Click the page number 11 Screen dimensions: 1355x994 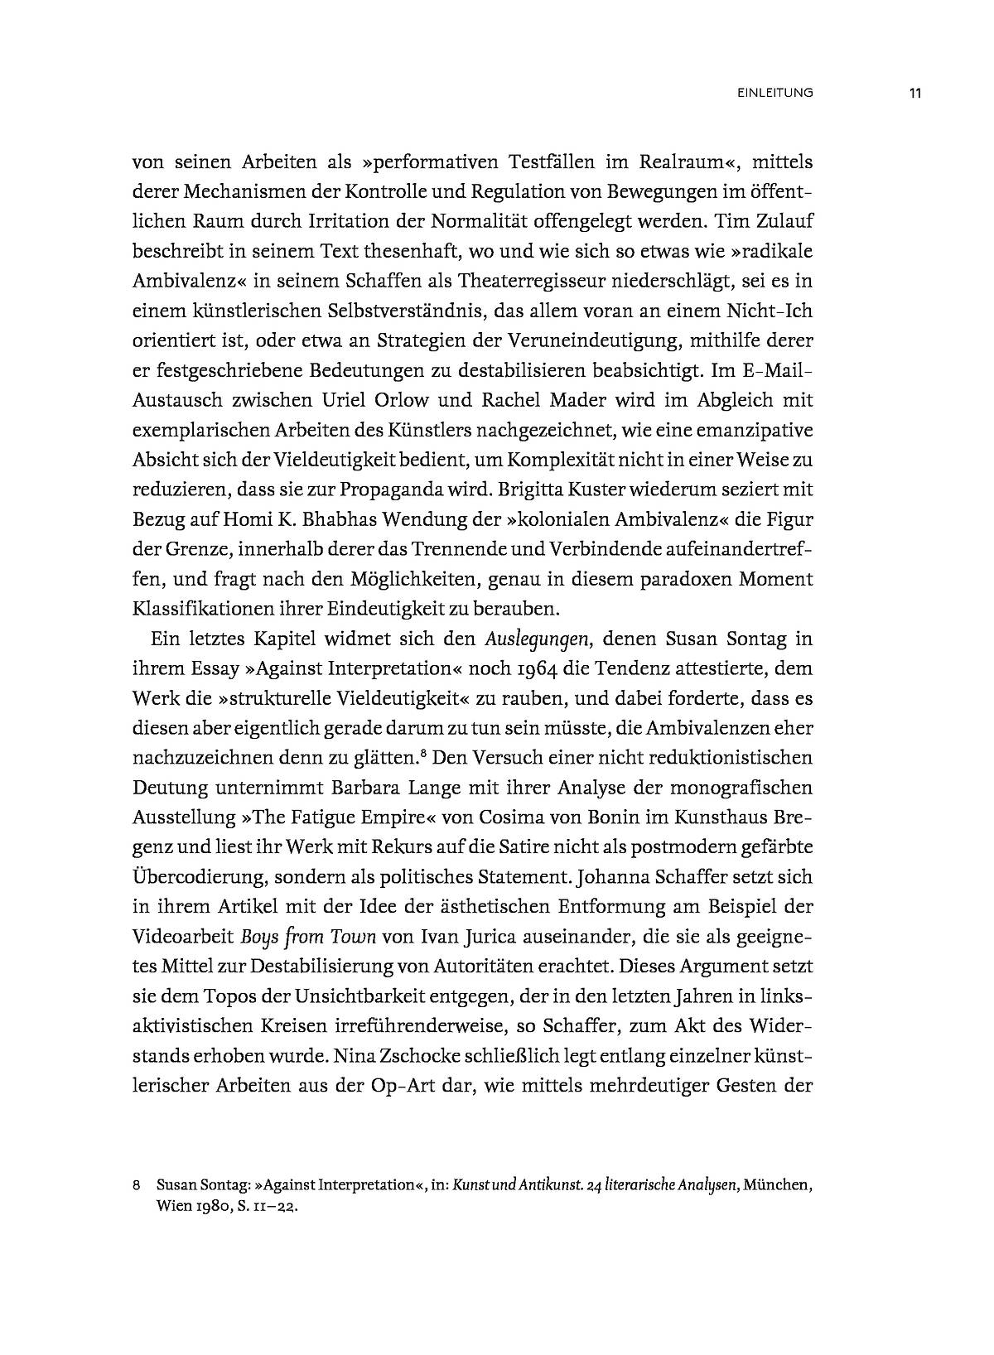point(914,93)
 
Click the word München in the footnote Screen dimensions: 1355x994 point(775,1185)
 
